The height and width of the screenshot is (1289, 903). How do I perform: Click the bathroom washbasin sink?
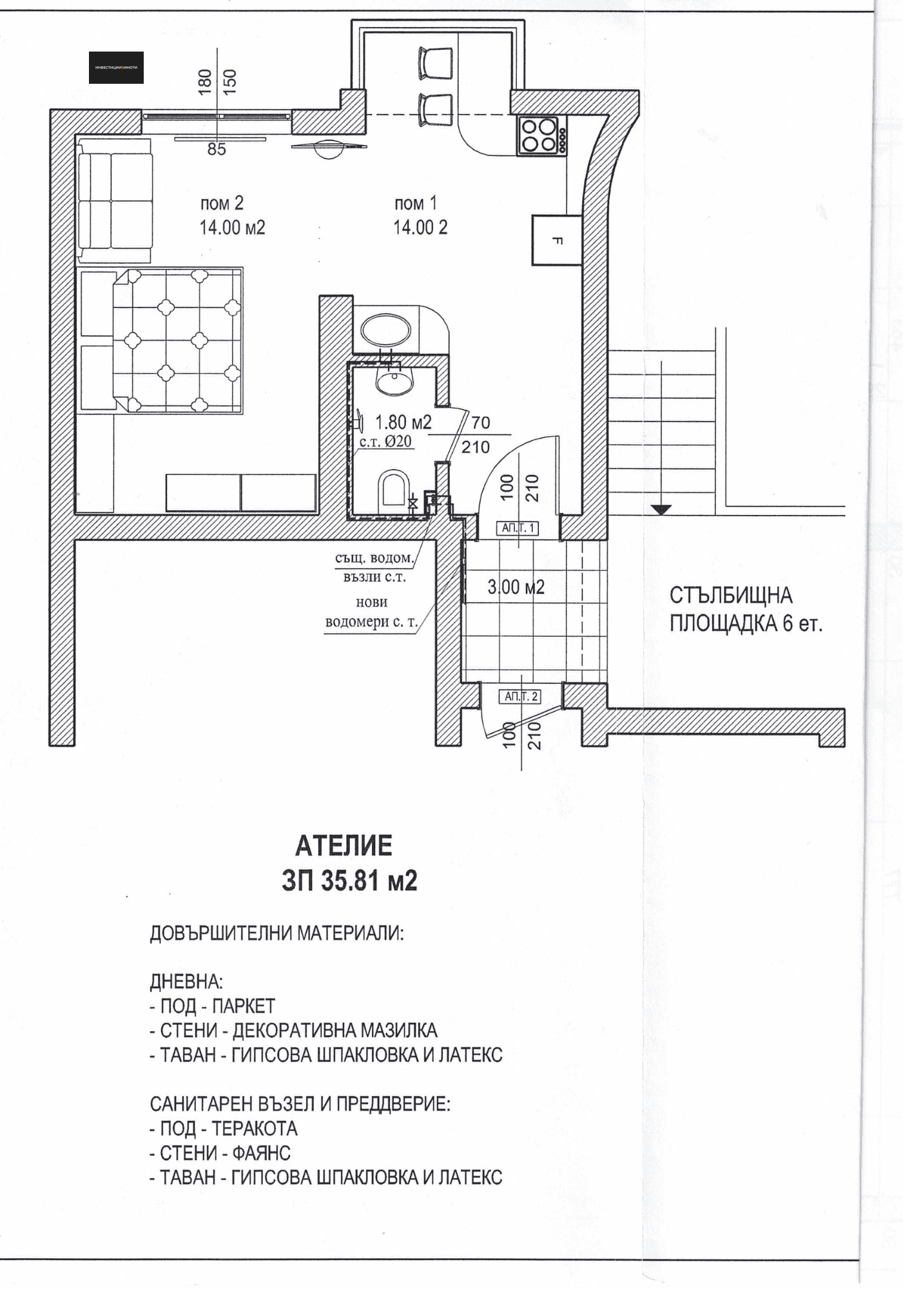394,381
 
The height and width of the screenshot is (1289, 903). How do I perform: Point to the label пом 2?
222,203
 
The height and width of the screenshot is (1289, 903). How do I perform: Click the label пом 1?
416,203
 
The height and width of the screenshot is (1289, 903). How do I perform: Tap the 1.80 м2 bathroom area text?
403,423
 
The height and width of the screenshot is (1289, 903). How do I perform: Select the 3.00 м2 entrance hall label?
516,587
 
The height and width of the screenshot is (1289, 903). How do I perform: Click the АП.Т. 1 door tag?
519,528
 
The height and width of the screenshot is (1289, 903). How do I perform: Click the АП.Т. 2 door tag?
521,697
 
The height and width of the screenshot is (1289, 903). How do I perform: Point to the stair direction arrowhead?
661,510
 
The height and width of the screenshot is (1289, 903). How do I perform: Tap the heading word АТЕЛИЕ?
344,846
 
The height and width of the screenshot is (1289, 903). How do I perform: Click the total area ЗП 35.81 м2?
349,881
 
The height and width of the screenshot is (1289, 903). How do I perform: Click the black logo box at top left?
116,68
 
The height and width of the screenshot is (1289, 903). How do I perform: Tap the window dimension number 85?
217,150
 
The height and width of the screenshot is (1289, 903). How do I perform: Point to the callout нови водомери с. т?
371,612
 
